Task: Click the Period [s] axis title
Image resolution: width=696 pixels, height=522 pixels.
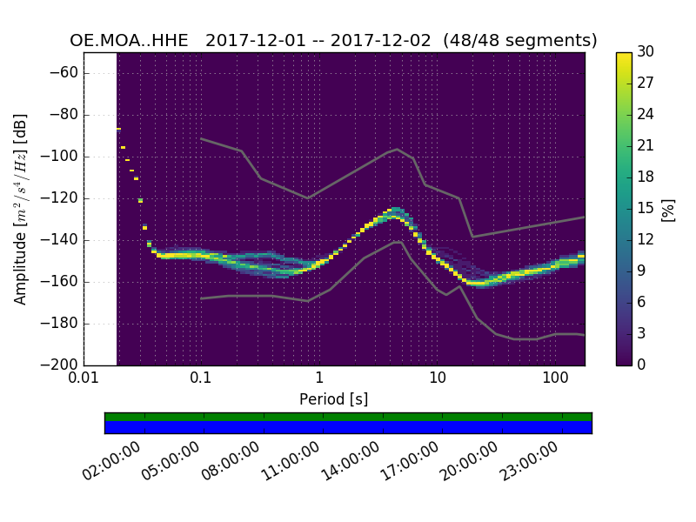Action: [x=333, y=398]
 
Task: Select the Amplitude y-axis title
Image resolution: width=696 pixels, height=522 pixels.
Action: [x=21, y=209]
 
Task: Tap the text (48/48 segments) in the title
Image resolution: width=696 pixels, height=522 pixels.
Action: [x=519, y=41]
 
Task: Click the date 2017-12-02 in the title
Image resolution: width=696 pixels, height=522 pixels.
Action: [x=383, y=41]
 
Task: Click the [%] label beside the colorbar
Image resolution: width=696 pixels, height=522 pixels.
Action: [x=668, y=209]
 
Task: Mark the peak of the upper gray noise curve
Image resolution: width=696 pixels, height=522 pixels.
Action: [x=398, y=149]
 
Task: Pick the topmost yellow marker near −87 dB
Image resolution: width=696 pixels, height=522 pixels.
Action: [x=118, y=129]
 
